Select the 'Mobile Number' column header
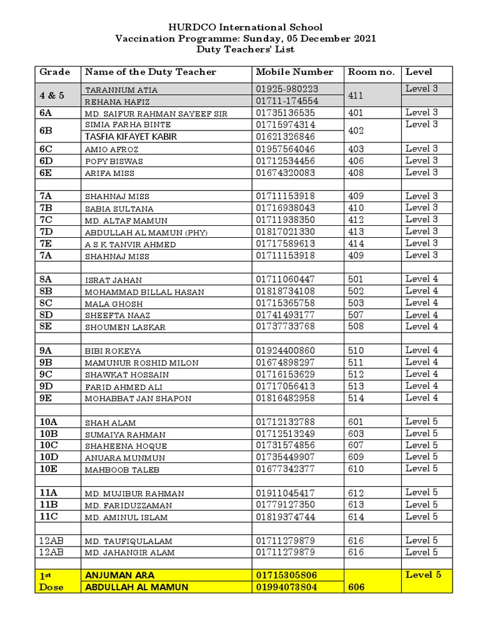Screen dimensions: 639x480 point(294,72)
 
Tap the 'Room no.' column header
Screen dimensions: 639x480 point(371,72)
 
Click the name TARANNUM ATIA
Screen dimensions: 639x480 point(121,90)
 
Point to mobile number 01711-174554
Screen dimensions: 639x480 point(287,100)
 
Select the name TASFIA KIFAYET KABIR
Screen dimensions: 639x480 point(131,137)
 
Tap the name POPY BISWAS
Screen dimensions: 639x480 point(114,161)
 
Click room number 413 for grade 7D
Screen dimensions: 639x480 point(356,232)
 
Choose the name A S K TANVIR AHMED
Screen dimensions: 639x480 point(130,244)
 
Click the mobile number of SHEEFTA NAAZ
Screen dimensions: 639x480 point(284,315)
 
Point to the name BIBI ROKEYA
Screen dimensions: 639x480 point(113,351)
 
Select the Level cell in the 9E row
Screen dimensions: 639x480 point(422,398)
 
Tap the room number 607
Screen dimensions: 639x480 point(356,446)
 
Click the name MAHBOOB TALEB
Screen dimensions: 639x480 point(122,470)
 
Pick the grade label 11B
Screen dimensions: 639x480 point(49,504)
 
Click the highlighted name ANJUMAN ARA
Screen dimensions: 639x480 point(119,575)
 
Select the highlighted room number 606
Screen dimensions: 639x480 point(356,587)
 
